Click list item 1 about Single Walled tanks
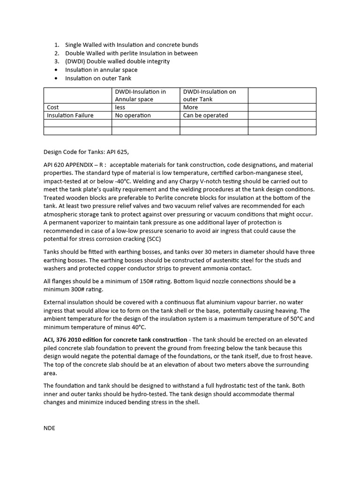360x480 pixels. (131, 45)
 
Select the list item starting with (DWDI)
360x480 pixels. (117, 61)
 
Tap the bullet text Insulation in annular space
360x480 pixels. (101, 70)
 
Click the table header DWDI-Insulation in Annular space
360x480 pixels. (141, 95)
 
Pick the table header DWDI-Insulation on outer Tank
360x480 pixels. (210, 95)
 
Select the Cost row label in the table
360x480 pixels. (53, 107)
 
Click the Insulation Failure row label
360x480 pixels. (70, 115)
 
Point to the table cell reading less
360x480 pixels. (120, 107)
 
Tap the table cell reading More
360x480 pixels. (191, 107)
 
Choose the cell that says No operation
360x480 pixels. (133, 115)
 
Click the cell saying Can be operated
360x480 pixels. (205, 115)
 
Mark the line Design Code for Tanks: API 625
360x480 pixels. (86, 152)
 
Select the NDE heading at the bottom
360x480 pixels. (49, 428)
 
